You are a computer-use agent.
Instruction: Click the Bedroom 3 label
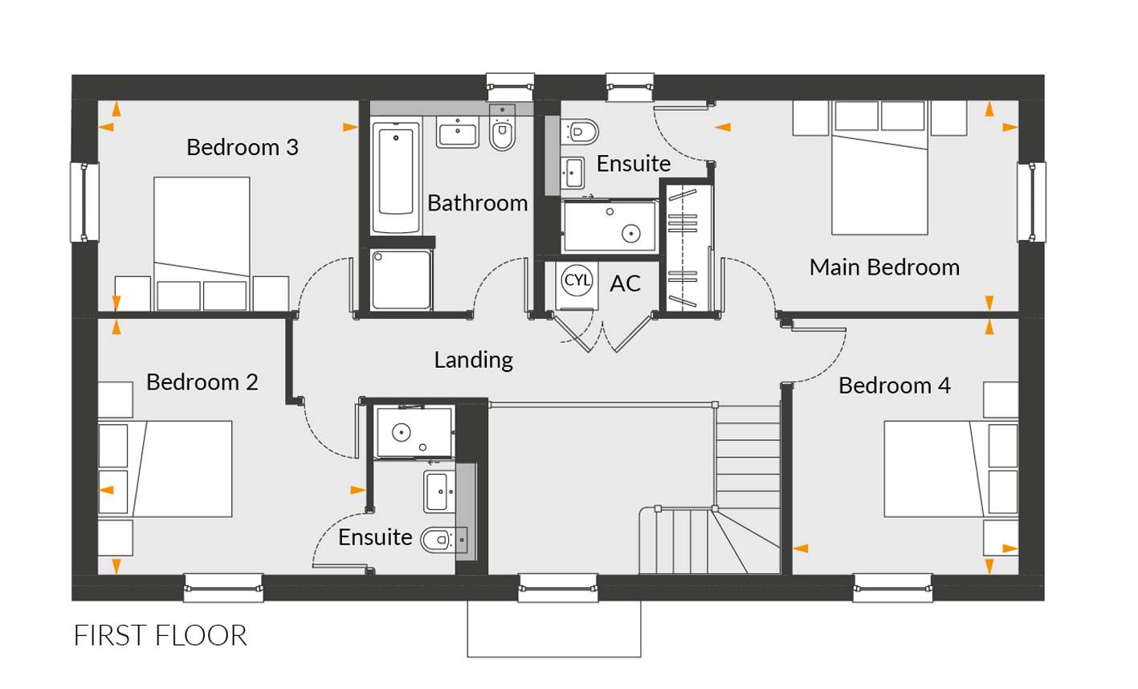pos(243,147)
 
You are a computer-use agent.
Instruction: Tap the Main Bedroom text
pos(884,267)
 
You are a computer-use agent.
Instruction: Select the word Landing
pos(474,361)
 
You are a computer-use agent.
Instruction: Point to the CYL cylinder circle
pos(577,280)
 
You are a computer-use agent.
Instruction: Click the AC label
pos(626,283)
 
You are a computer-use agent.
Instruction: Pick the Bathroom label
pos(478,203)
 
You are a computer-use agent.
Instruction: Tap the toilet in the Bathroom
pos(503,129)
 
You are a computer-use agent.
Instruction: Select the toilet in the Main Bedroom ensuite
pos(580,132)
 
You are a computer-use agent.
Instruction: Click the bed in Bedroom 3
pos(202,243)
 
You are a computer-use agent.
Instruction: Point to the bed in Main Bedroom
pos(880,168)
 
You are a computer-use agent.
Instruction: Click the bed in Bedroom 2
pos(165,468)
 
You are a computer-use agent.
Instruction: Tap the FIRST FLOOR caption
pos(160,635)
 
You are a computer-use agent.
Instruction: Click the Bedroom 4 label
pos(894,385)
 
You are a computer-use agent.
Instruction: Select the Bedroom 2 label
pos(202,382)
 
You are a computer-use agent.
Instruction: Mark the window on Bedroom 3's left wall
pos(84,202)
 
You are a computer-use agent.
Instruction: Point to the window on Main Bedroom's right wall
pos(1032,202)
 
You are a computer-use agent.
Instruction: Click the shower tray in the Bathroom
pos(401,279)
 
